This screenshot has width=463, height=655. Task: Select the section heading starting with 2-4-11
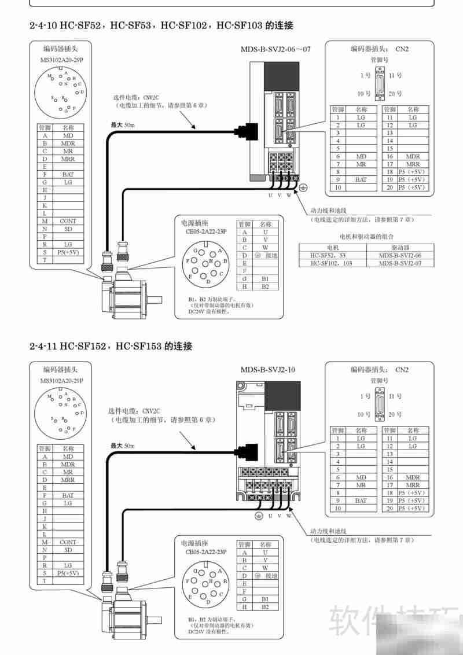pos(111,346)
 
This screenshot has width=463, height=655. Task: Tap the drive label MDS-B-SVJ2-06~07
pos(275,49)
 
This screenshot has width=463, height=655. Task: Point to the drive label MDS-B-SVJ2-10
pos(268,369)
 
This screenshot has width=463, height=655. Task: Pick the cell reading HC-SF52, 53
pos(332,255)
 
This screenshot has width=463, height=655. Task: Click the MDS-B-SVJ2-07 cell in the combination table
pos(399,263)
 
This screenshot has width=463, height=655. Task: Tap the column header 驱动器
pos(399,247)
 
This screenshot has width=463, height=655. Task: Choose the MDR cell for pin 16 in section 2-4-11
pos(413,477)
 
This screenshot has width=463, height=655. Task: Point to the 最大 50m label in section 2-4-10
pos(122,124)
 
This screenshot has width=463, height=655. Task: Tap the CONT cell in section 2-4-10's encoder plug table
pos(68,221)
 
